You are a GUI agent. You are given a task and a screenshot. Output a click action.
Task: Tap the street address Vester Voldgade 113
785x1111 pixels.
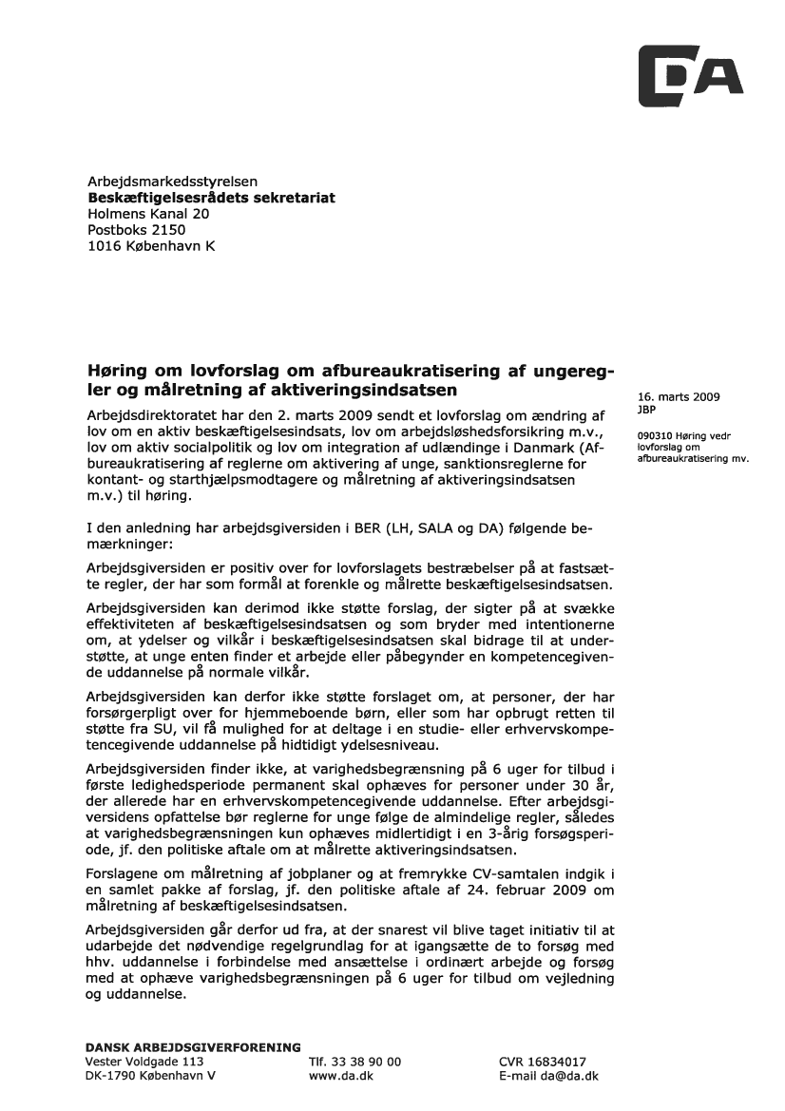click(144, 1062)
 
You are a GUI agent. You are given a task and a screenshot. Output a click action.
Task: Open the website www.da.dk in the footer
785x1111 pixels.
click(341, 1077)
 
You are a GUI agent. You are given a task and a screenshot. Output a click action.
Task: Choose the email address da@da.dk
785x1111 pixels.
click(568, 1077)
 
